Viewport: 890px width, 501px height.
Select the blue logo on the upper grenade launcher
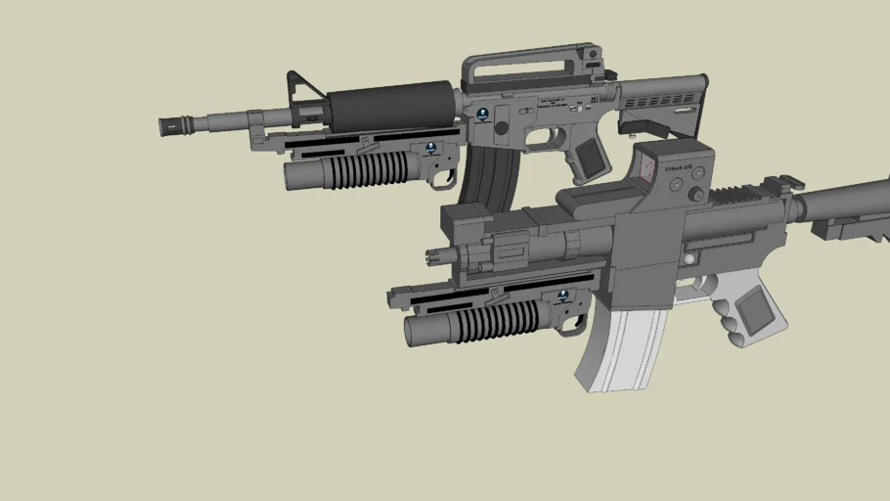click(430, 149)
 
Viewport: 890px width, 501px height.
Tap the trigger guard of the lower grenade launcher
click(575, 323)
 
